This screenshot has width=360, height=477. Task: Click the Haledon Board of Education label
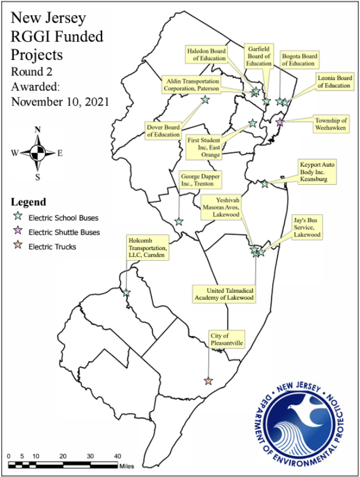point(207,54)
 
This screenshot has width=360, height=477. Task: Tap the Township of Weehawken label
point(331,124)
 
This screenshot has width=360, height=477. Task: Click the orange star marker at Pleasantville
point(208,381)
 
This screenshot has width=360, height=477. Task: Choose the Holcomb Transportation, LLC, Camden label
point(147,248)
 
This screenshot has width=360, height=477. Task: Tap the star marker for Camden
point(127,293)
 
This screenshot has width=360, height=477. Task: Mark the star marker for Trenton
point(179,221)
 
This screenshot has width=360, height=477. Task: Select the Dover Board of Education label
point(163,131)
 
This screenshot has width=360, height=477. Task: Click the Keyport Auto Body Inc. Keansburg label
point(318,171)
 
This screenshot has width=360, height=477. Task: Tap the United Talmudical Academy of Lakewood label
point(224,294)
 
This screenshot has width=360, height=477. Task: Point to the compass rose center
point(38,153)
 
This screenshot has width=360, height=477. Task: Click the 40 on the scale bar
point(118,456)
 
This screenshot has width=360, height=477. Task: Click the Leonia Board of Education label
point(334,81)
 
